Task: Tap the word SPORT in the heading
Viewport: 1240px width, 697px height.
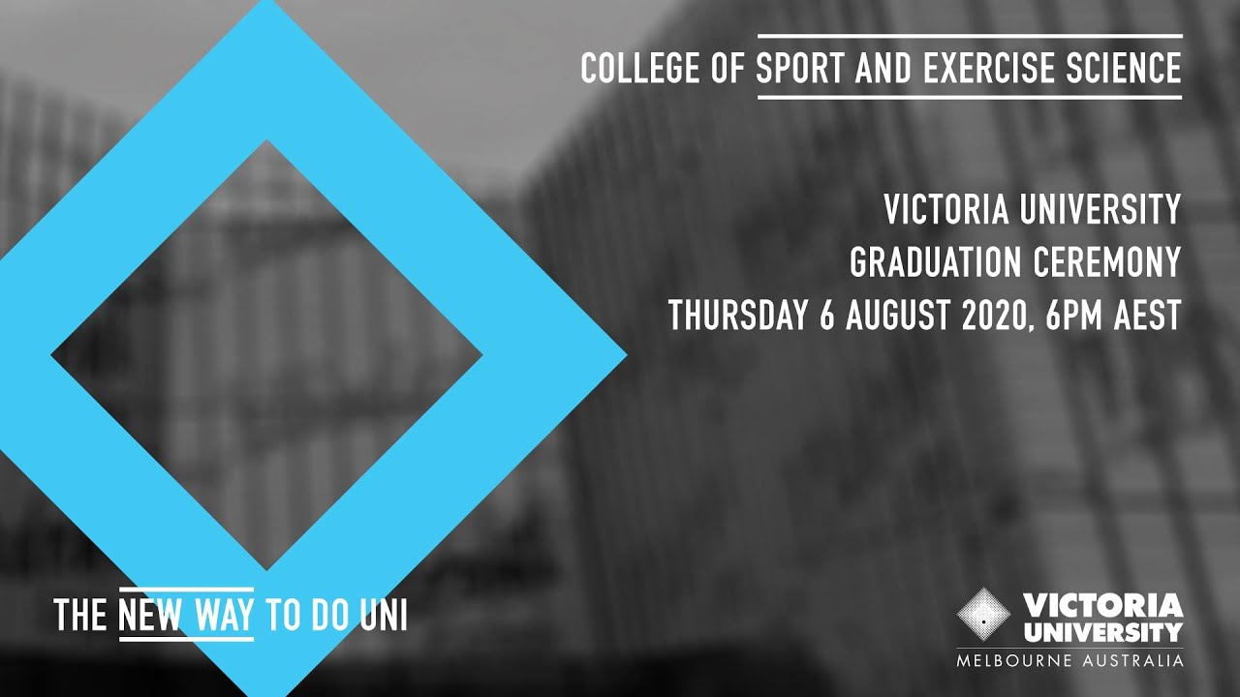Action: point(791,68)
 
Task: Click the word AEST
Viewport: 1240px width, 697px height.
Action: point(1152,316)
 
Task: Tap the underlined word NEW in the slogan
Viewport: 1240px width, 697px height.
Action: point(150,616)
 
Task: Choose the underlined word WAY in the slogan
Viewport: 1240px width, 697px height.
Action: point(224,616)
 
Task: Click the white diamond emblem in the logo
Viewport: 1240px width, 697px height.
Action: point(983,614)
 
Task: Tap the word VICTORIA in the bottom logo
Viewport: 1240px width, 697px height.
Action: point(1103,607)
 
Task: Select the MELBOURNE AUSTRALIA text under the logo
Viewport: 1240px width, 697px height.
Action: point(1069,661)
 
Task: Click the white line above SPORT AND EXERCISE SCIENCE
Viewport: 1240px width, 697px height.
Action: point(969,37)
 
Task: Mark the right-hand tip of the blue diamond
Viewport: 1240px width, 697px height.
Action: point(624,354)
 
